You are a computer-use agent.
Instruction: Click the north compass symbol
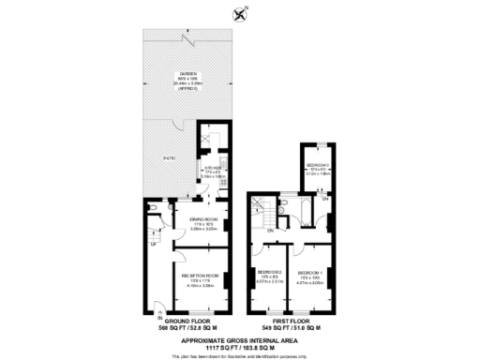click(240, 13)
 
